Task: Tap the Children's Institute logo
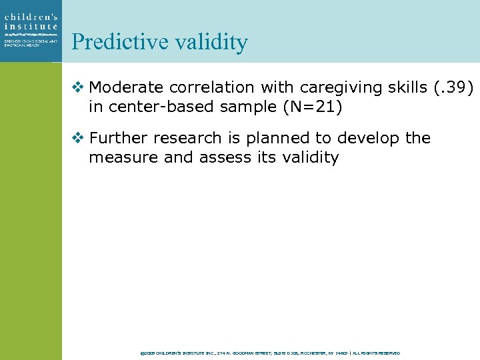pos(31,29)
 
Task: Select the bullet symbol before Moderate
pos(78,87)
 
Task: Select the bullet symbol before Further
pos(78,138)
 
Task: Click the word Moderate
pos(127,87)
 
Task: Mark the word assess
pos(223,158)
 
